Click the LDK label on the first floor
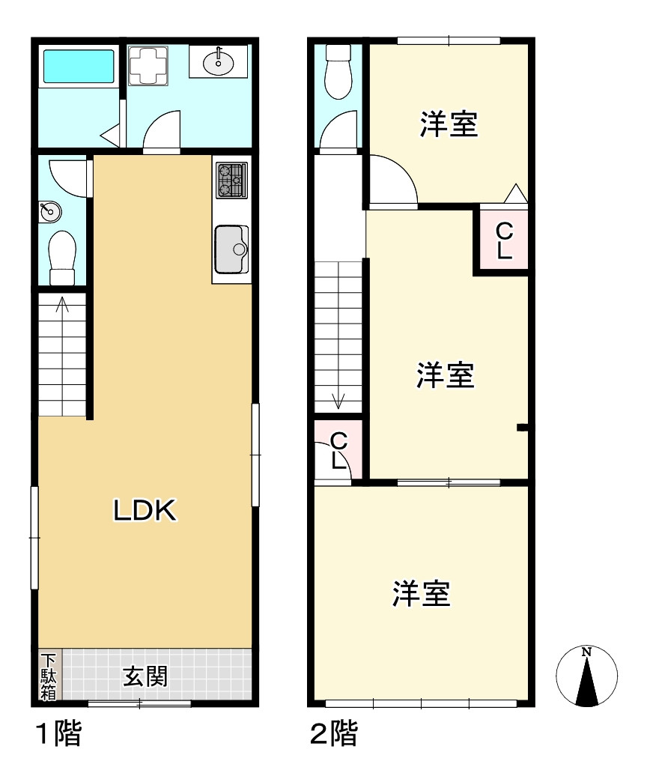tap(145, 511)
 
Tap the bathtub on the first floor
tap(78, 67)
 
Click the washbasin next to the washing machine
tap(218, 61)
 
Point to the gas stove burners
tap(231, 181)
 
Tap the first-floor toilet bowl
tap(62, 253)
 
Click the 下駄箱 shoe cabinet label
tap(48, 677)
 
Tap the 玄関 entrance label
tap(145, 677)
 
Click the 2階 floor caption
tap(334, 734)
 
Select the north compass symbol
tap(588, 676)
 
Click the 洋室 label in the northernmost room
tap(449, 124)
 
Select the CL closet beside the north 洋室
tap(504, 240)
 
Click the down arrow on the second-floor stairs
tap(338, 401)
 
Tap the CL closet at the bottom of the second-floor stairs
tap(338, 450)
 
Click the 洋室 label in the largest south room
tap(421, 593)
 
